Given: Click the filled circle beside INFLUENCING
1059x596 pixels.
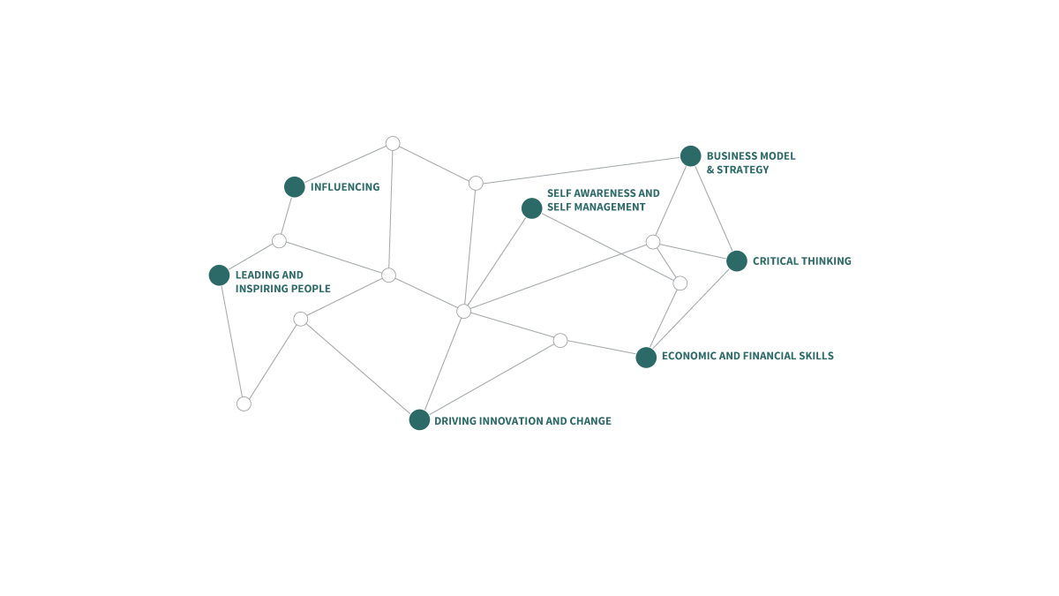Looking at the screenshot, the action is click(x=295, y=187).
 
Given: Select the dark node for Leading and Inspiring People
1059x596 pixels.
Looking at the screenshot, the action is click(x=220, y=275).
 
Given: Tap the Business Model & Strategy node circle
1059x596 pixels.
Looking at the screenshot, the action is click(x=691, y=156).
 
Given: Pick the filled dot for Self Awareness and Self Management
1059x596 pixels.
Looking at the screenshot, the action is click(x=532, y=208).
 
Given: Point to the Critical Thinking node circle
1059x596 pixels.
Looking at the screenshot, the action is click(x=737, y=261).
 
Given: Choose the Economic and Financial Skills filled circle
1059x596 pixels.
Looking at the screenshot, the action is click(x=646, y=357).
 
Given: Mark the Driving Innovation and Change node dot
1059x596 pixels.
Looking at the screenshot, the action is click(x=419, y=419).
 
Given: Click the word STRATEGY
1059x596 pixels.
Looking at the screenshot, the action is click(x=743, y=170).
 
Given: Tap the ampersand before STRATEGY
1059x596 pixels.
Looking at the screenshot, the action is click(x=710, y=170).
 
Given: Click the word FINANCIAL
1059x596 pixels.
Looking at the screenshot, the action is click(x=757, y=356).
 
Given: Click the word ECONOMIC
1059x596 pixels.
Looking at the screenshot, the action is click(x=689, y=356).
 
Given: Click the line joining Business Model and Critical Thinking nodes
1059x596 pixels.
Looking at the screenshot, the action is click(x=714, y=208).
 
